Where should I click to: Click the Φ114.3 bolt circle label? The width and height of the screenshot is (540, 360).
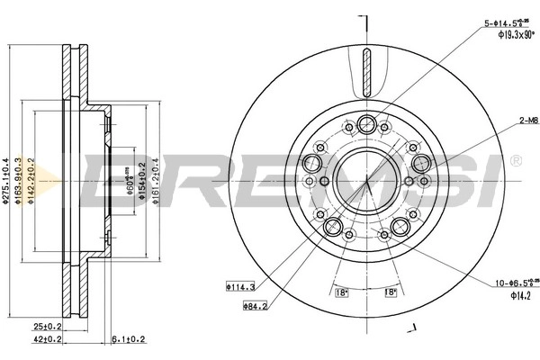tap(240, 288)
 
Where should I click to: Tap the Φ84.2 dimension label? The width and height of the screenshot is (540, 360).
tap(256, 305)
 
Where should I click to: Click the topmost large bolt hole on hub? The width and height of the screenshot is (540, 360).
tap(367, 124)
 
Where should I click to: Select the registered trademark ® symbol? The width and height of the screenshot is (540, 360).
tap(516, 160)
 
